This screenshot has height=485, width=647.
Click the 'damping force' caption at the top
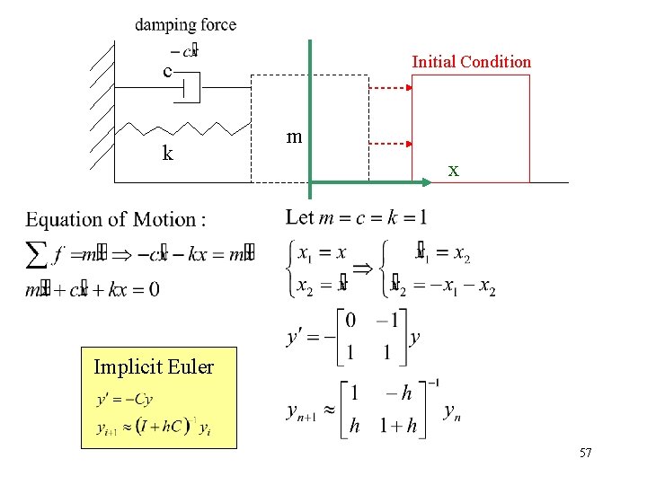click(x=186, y=25)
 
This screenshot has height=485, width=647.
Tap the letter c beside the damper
click(x=167, y=71)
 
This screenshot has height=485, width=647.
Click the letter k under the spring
click(x=167, y=154)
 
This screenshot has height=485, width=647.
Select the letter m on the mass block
click(x=293, y=137)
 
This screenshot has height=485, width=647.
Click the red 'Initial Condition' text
click(x=471, y=62)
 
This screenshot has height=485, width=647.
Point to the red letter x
click(x=454, y=170)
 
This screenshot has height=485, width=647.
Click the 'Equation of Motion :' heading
click(x=116, y=220)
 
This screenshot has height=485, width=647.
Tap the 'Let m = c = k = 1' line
click(x=357, y=217)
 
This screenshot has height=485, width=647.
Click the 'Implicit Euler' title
click(x=154, y=366)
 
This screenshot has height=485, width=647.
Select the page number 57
click(x=585, y=454)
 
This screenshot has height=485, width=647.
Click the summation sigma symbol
click(x=37, y=254)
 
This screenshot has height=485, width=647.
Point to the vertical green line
click(x=310, y=117)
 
